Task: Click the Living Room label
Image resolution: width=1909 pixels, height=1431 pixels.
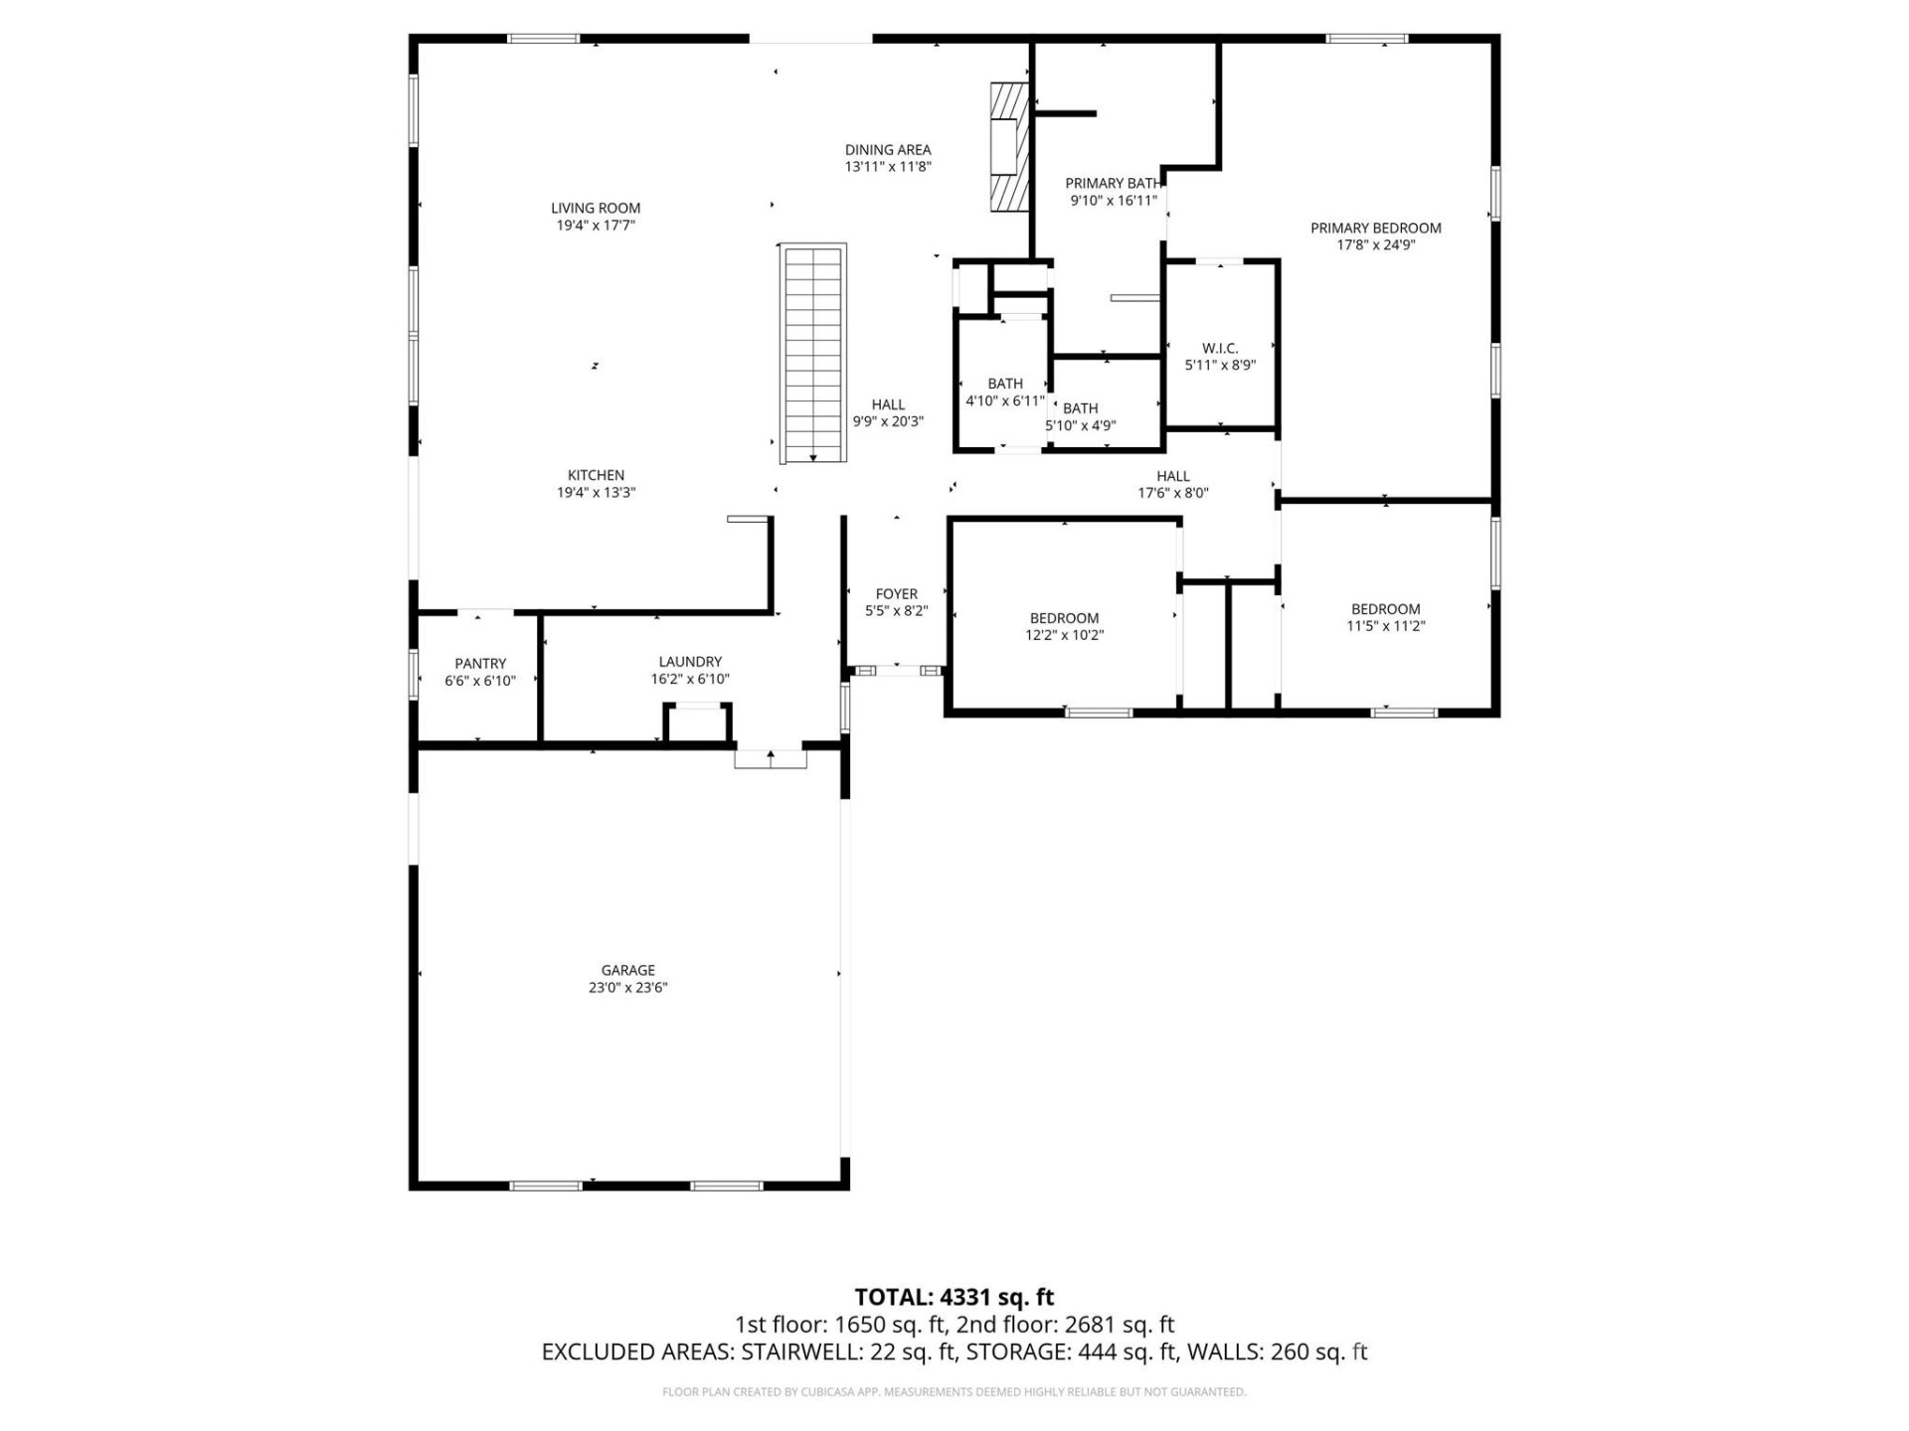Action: point(596,208)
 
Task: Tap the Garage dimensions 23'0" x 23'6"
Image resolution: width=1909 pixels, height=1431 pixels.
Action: point(627,988)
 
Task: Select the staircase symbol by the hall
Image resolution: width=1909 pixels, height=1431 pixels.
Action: point(813,353)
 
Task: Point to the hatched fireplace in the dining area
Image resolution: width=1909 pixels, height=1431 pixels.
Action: point(1007,147)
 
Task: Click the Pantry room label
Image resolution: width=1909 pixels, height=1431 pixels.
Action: point(480,663)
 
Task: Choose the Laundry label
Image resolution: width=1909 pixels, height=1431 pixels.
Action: point(690,662)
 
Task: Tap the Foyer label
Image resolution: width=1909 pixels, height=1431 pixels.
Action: point(896,594)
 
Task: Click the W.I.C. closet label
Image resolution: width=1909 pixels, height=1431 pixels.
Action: point(1220,348)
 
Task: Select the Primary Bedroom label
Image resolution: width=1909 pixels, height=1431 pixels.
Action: point(1375,228)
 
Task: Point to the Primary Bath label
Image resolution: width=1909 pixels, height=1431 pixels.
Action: point(1112,184)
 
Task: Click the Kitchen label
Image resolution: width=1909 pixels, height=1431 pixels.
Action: point(596,475)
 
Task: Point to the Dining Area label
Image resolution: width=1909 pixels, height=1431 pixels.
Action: point(888,150)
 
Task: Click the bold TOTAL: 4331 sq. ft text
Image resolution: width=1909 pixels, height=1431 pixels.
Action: point(954,1297)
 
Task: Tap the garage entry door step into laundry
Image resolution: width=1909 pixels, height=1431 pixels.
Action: point(771,759)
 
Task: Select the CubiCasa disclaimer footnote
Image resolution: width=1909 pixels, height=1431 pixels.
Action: point(954,1392)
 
